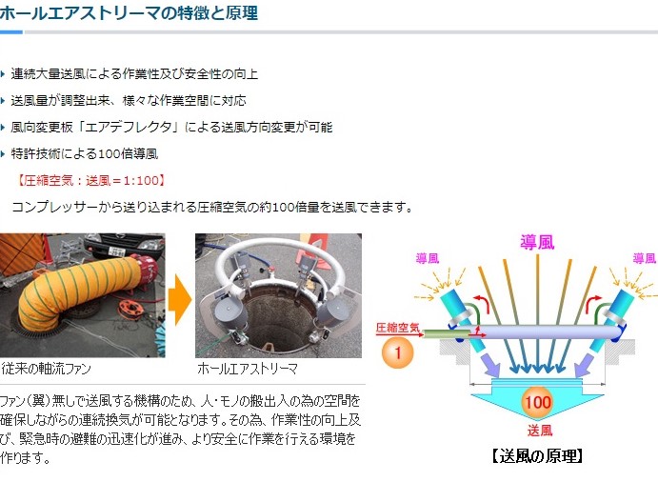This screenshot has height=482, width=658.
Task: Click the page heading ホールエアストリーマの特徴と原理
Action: click(128, 13)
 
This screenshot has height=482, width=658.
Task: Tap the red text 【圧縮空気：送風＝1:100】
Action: click(91, 181)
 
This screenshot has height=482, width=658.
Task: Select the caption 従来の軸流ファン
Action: click(46, 369)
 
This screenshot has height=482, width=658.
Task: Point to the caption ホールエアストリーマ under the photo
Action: click(248, 369)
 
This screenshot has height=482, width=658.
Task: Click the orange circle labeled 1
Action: click(397, 352)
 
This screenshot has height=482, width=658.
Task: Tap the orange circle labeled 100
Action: click(538, 402)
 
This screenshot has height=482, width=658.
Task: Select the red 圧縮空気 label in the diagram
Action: click(397, 328)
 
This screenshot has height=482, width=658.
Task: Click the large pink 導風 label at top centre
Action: click(538, 242)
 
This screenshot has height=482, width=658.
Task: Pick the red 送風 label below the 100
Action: click(540, 431)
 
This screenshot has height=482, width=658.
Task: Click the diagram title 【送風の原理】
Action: click(538, 456)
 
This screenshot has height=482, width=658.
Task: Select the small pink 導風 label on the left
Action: click(428, 258)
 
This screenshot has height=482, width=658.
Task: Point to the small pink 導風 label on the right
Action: click(645, 258)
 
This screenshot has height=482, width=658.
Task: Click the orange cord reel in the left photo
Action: click(130, 309)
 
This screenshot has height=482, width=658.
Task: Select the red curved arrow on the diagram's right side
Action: click(594, 301)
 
